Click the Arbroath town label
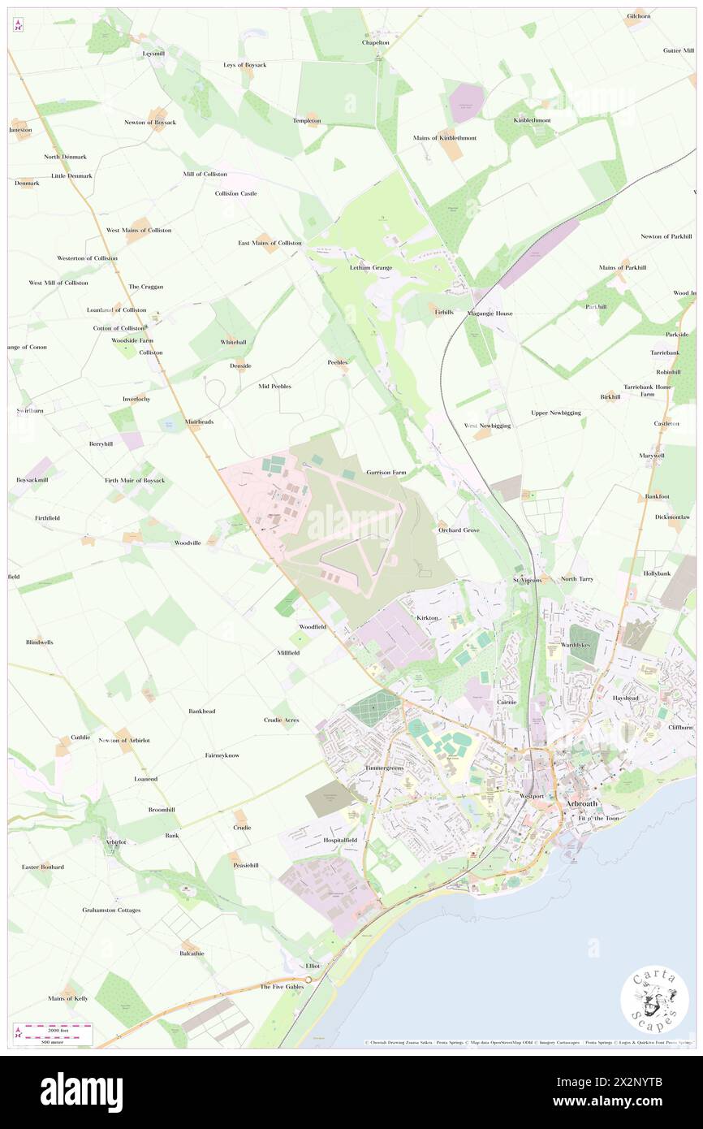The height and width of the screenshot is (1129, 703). coord(583,803)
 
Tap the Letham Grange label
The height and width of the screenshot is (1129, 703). coord(371,267)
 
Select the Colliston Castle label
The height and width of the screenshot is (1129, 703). coord(236,193)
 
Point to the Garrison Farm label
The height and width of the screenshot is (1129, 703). coord(386,472)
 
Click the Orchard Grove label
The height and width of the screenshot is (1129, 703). coord(459,530)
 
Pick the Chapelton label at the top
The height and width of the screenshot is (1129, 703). coord(376,42)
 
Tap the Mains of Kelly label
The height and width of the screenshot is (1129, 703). coord(68,998)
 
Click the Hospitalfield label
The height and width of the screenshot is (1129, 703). coord(340,840)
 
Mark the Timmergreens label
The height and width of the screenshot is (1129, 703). coord(384,768)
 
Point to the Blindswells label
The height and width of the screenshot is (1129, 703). coord(39,642)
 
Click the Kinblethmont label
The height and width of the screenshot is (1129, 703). coord(533,120)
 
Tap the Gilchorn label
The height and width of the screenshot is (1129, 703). coord(638,16)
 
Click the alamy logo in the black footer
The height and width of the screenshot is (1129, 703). coord(82,1092)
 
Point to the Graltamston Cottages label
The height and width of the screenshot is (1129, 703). coord(111,910)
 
